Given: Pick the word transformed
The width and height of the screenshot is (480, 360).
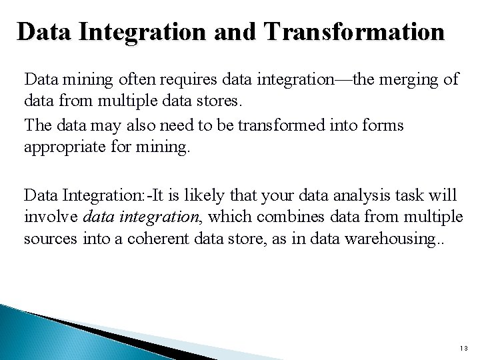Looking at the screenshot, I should click(262, 127).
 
